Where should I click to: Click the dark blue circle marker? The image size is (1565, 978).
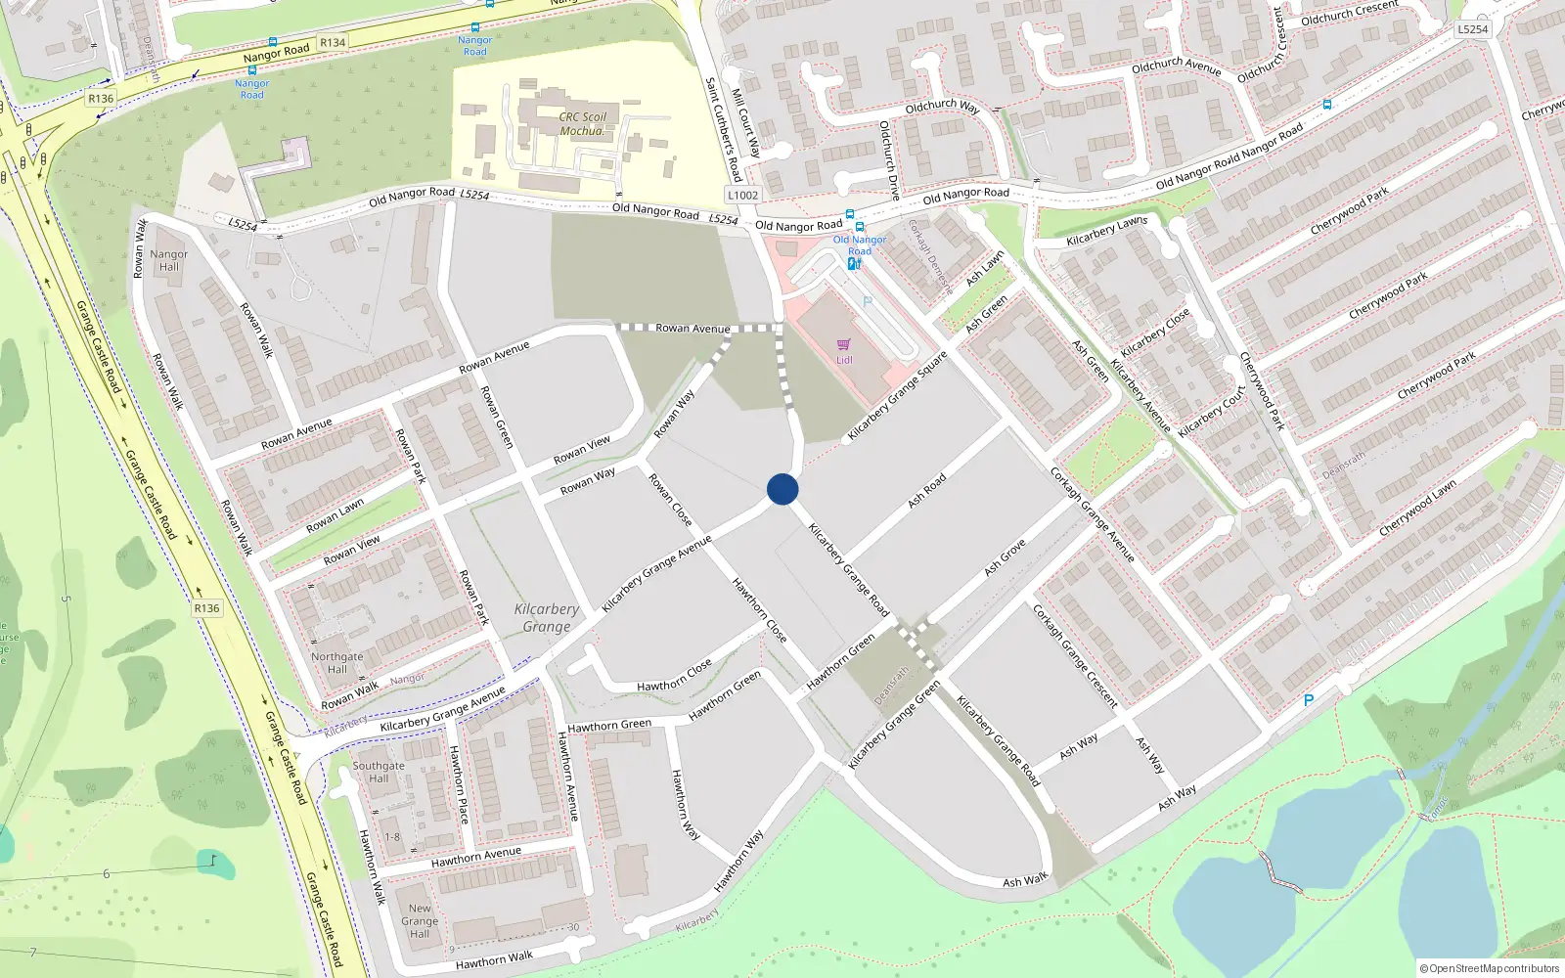coord(782,489)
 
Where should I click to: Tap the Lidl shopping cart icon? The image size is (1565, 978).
coord(844,344)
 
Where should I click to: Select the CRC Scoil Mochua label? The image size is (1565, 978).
coord(583,123)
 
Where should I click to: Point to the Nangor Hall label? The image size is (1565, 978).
coord(168,260)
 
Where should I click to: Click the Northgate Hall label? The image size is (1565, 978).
coord(336,663)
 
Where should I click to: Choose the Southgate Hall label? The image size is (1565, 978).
coord(379,773)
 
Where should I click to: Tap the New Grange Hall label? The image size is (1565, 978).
coord(420,920)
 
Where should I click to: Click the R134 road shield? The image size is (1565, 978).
coord(333,42)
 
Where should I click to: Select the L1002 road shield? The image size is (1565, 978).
coord(742,195)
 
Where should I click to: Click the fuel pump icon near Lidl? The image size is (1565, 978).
coord(853,264)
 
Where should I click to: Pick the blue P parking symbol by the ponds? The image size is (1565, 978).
coord(1309,700)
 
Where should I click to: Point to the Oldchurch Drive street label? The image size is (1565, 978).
coord(888,160)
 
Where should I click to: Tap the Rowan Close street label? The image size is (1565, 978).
coord(671,499)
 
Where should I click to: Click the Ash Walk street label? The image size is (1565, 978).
coord(1025,881)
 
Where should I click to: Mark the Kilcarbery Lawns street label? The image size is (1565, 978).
coord(1106,231)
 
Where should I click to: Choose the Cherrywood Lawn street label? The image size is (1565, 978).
coord(1417,507)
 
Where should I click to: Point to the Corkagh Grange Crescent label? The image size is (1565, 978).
coord(1075,655)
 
